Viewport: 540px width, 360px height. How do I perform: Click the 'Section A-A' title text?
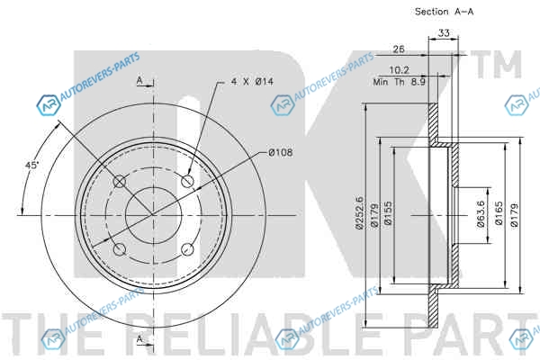coord(444,12)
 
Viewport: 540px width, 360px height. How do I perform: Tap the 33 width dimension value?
coord(444,33)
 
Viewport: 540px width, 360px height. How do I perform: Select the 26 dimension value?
coord(399,49)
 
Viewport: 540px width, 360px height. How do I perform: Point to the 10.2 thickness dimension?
coord(399,70)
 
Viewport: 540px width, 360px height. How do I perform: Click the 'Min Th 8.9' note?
coord(399,82)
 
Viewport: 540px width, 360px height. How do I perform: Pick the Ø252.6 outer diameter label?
coord(359,212)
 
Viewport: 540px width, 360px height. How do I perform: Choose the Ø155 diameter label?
coord(388,213)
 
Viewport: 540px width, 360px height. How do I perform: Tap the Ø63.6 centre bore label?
coord(481,214)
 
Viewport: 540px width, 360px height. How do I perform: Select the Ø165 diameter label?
coord(499,213)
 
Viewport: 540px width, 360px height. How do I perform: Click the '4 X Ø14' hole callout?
coord(252,82)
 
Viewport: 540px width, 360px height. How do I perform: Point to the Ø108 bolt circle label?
coord(281,152)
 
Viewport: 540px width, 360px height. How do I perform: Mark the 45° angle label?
coord(32,166)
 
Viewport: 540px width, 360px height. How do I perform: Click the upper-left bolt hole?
coord(120,181)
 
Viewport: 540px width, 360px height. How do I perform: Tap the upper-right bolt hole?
coord(187,181)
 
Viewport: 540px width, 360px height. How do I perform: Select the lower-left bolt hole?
coord(120,249)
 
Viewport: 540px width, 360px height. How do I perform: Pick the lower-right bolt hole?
coord(187,249)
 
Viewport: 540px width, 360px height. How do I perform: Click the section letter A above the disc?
coord(139,81)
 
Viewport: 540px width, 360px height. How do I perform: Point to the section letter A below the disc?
coord(139,339)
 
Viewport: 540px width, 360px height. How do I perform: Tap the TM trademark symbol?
coord(496,64)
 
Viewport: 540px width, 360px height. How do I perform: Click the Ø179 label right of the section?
coord(515,214)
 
